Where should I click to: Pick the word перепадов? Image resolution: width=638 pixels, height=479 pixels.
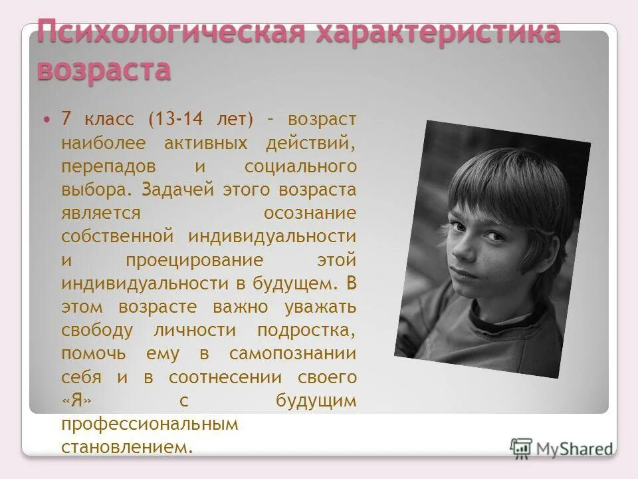click(x=106, y=166)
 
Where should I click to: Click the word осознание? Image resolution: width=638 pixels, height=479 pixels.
click(x=310, y=213)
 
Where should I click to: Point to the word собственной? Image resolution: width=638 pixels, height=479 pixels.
click(x=118, y=236)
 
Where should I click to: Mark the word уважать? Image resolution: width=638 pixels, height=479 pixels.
click(x=320, y=307)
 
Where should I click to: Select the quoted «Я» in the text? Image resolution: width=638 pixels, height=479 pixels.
click(x=76, y=401)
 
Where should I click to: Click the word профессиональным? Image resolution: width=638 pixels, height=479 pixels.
click(x=150, y=424)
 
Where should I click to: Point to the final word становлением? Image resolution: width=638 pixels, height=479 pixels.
click(x=126, y=447)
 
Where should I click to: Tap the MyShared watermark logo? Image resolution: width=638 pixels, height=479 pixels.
click(x=562, y=448)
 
